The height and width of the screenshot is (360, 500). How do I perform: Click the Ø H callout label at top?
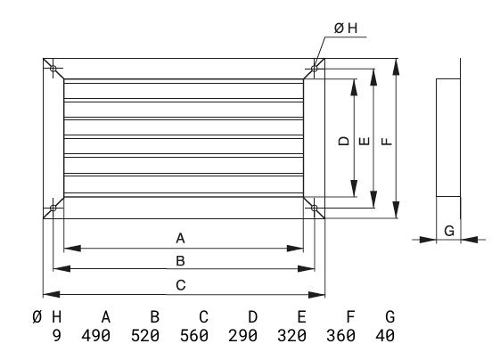[346, 29]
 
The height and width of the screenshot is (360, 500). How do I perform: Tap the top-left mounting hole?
[53, 69]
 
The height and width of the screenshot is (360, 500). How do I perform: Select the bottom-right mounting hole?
[314, 208]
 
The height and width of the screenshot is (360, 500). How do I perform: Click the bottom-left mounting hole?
[53, 208]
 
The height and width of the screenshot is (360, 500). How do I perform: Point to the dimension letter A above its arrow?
[181, 238]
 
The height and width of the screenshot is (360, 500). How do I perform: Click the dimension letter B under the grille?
[181, 261]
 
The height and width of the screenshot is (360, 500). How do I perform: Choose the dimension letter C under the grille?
[181, 285]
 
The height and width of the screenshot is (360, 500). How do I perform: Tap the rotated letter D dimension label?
[344, 141]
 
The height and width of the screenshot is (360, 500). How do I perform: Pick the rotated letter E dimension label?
[365, 141]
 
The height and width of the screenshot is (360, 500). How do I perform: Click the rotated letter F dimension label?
[387, 141]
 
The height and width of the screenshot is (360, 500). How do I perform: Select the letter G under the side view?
[449, 231]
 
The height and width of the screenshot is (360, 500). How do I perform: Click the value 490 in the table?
[96, 335]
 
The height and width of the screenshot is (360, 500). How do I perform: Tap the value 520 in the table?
[145, 335]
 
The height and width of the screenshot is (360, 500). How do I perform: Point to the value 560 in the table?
[194, 335]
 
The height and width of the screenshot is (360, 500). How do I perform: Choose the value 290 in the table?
[243, 335]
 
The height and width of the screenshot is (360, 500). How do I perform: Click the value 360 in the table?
[340, 335]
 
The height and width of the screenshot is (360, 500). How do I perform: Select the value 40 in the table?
[385, 335]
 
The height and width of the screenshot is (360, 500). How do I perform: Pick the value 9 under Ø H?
[56, 335]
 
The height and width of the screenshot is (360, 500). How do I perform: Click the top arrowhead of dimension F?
[396, 67]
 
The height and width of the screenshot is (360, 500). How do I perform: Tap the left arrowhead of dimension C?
[52, 294]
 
